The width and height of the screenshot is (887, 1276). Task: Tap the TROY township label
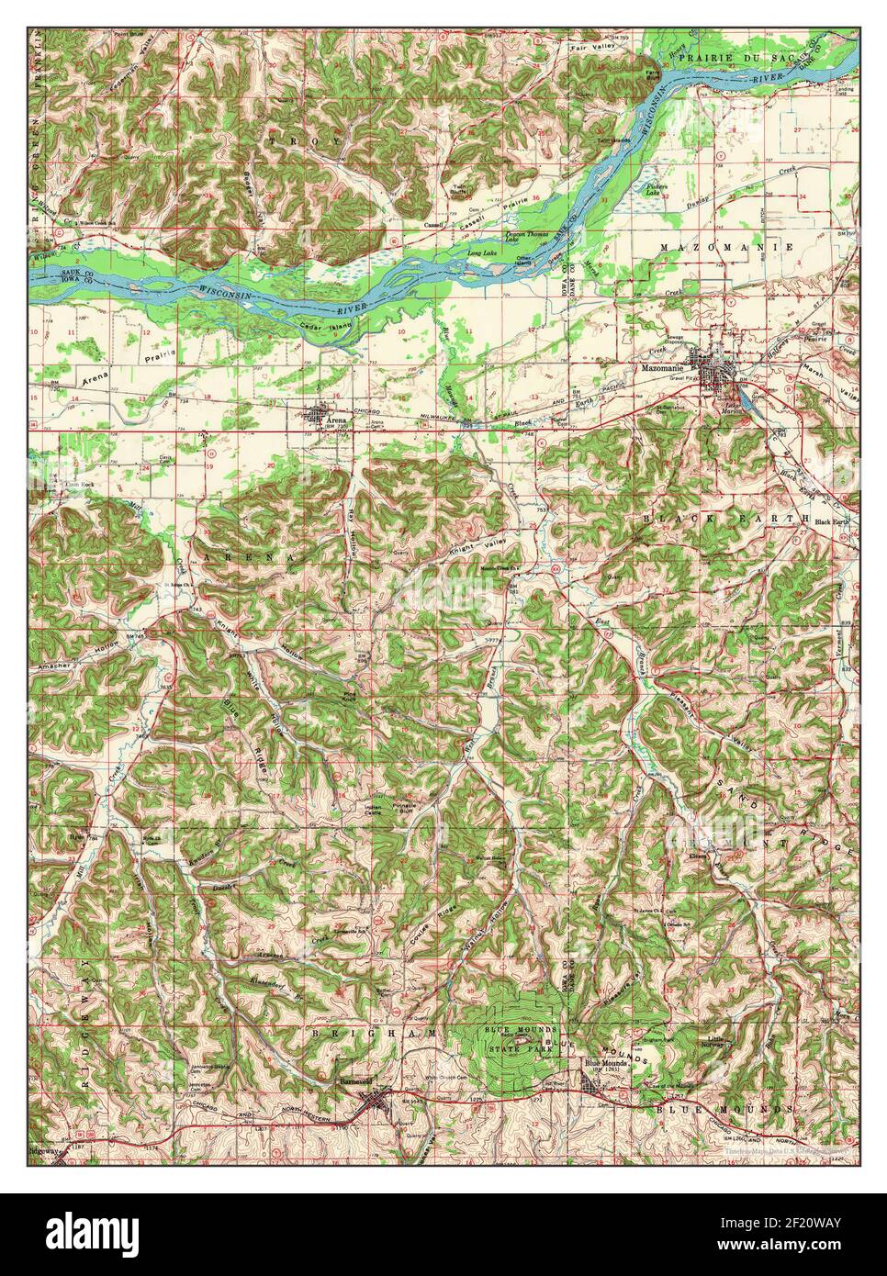click(289, 140)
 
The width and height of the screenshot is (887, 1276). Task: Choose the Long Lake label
click(481, 253)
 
